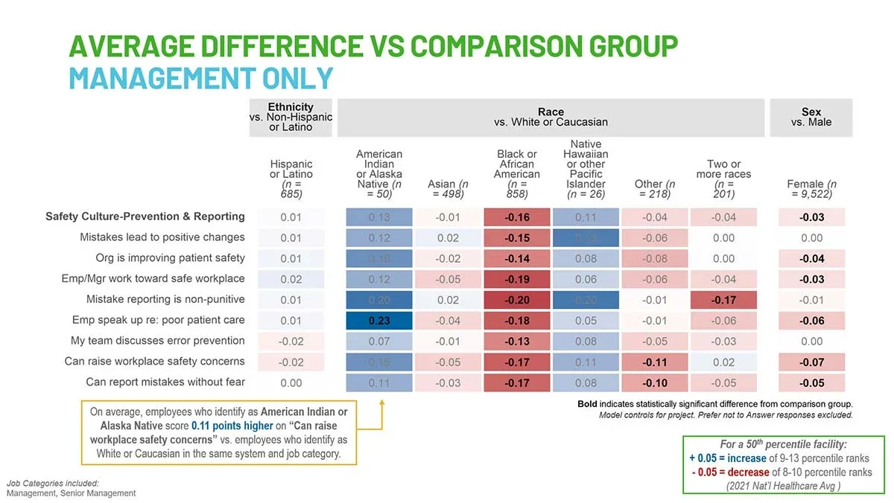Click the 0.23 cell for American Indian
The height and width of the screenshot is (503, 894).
tap(378, 321)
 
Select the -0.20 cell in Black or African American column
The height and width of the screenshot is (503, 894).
tap(516, 300)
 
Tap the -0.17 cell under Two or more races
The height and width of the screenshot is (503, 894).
tap(723, 300)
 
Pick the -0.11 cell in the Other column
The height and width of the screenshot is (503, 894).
tap(655, 362)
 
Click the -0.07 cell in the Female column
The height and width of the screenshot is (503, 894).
tap(811, 362)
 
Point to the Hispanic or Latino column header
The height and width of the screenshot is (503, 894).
tap(291, 179)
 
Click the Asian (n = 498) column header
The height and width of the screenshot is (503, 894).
tap(448, 189)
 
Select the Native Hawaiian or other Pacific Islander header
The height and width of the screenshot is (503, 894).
tap(586, 169)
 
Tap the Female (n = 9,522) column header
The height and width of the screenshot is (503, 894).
tap(811, 189)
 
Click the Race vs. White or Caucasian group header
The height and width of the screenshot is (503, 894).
tap(551, 117)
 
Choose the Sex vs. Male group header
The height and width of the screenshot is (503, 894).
tap(811, 117)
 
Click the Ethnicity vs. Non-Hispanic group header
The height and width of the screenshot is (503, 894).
tap(291, 117)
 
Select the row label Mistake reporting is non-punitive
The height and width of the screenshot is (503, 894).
tap(165, 299)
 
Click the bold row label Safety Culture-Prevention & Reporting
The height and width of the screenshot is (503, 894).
tap(145, 217)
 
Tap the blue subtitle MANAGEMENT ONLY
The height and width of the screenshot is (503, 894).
tap(200, 77)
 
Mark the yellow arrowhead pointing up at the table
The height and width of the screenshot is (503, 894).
tap(381, 403)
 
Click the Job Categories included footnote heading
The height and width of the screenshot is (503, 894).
tap(52, 483)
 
